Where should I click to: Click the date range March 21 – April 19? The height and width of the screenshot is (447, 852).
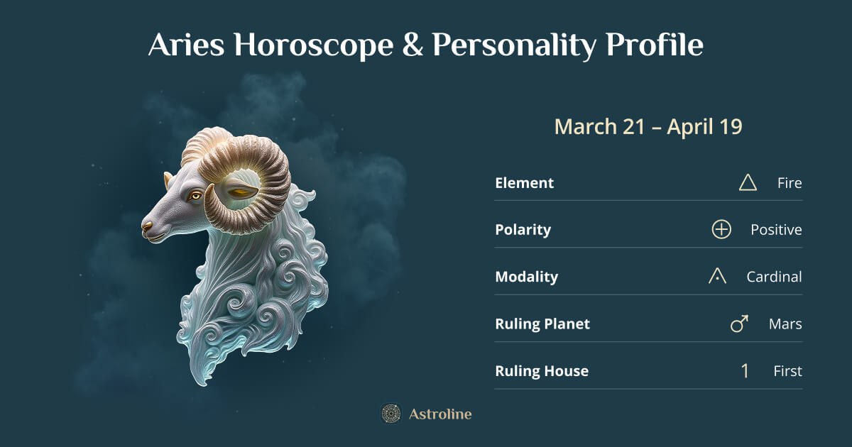[648, 127]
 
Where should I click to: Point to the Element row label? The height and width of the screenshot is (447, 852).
[524, 183]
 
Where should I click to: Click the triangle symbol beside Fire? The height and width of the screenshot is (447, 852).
[748, 183]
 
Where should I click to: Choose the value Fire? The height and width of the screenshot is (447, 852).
[790, 183]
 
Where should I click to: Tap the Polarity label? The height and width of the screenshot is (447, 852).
[523, 230]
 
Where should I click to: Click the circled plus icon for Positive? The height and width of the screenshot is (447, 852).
[721, 230]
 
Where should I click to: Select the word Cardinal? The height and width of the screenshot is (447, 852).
[774, 277]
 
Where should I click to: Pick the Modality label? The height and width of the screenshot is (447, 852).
[526, 277]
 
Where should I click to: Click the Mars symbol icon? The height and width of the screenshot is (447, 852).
[740, 324]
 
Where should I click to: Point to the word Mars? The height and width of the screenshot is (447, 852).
[785, 324]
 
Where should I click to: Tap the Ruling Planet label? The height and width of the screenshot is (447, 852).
[542, 324]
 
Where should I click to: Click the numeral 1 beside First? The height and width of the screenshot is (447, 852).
[745, 371]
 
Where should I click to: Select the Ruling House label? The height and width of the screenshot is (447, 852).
[542, 371]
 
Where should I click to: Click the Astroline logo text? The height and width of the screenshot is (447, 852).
[440, 414]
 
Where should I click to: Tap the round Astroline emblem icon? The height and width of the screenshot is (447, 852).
[390, 414]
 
